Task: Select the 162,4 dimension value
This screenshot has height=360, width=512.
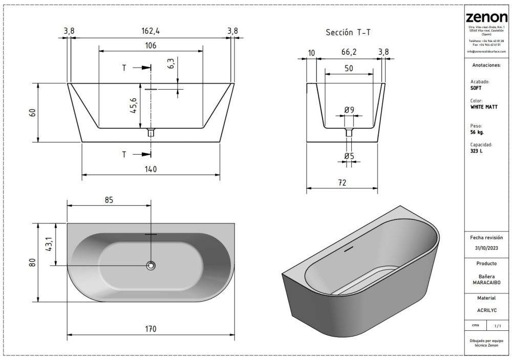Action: [x=151, y=31]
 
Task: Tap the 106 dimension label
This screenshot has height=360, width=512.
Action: [x=151, y=46]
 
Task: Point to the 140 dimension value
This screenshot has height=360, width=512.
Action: [x=151, y=170]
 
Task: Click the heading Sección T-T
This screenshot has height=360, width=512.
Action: [x=348, y=32]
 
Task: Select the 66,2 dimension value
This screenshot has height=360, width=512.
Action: [x=348, y=52]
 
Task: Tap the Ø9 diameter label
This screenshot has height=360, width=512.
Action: [x=349, y=110]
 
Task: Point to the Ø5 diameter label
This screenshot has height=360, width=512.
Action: [x=349, y=155]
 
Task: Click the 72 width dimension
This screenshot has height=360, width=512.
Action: [x=343, y=182]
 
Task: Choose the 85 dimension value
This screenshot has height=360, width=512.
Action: [x=109, y=200]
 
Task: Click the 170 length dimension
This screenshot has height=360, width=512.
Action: [x=150, y=329]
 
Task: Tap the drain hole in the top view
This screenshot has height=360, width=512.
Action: [x=151, y=265]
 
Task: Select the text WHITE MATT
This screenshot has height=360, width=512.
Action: [x=482, y=108]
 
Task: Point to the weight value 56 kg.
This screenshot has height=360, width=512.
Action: [x=477, y=132]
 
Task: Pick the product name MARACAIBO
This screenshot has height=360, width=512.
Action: [x=486, y=282]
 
